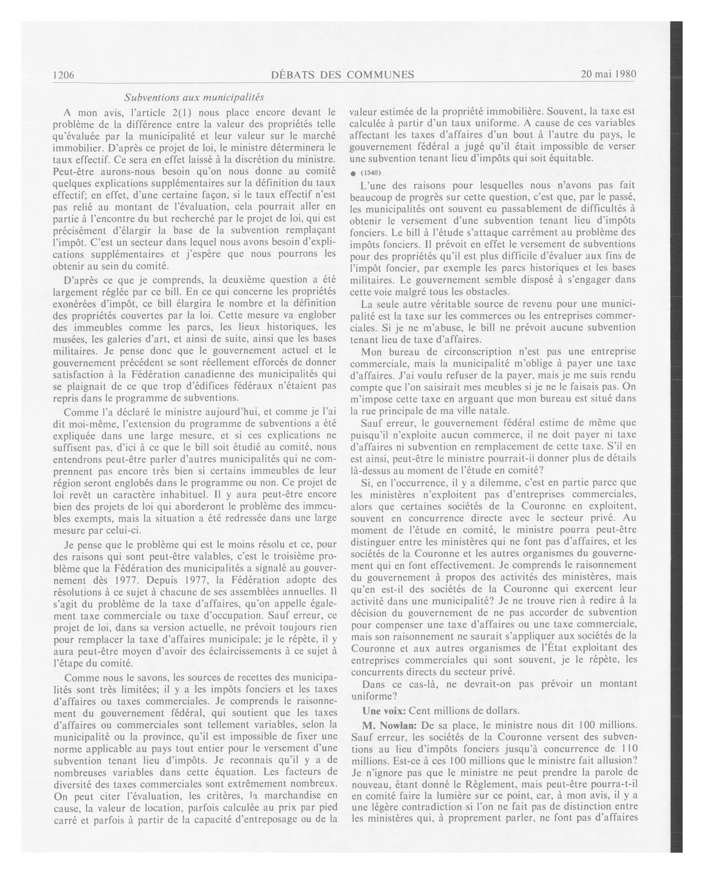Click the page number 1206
64,75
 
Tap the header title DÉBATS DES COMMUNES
342,75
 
